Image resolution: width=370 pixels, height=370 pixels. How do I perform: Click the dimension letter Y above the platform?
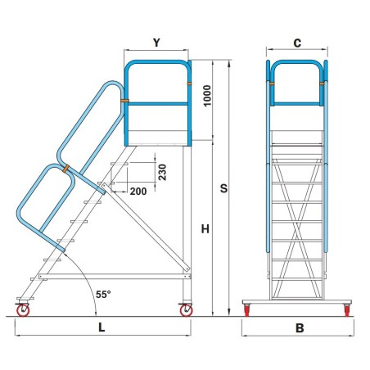[156, 42]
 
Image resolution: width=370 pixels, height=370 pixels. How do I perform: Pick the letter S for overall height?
[223, 187]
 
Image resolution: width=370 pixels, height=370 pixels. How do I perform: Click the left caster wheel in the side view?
[23, 309]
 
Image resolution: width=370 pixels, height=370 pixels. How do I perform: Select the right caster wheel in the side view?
[186, 309]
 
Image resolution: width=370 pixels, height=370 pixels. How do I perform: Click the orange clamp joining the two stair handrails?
[65, 169]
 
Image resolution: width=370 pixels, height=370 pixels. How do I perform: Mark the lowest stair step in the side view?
[34, 278]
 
